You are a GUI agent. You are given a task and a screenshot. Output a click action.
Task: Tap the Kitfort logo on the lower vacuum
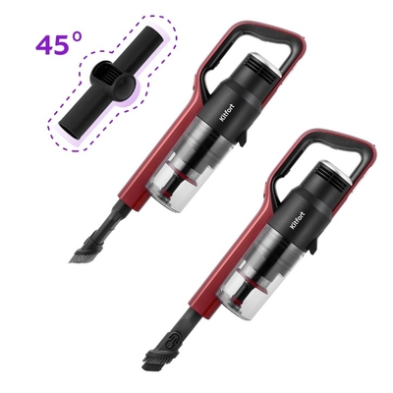point(297,222)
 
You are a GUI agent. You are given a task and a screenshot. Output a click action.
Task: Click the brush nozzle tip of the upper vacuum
point(81,256)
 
